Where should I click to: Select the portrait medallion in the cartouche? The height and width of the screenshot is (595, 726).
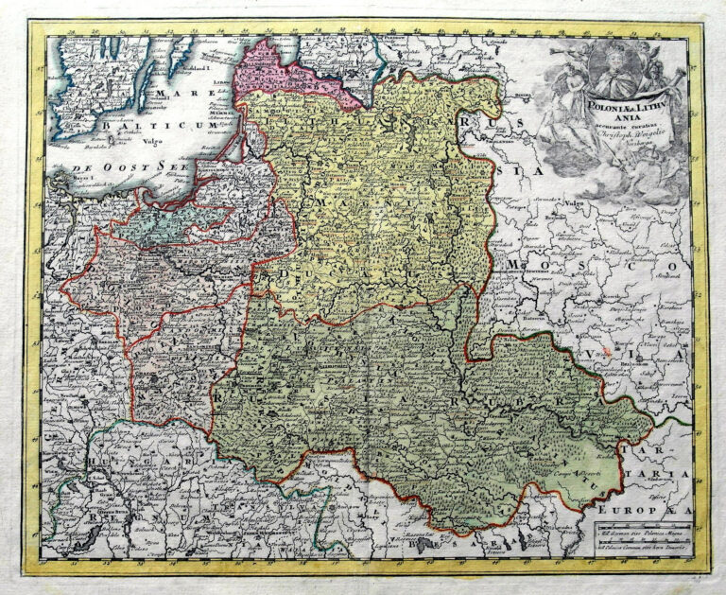pyautogui.click(x=615, y=69)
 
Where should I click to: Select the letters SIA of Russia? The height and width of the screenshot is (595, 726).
pyautogui.click(x=529, y=171)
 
